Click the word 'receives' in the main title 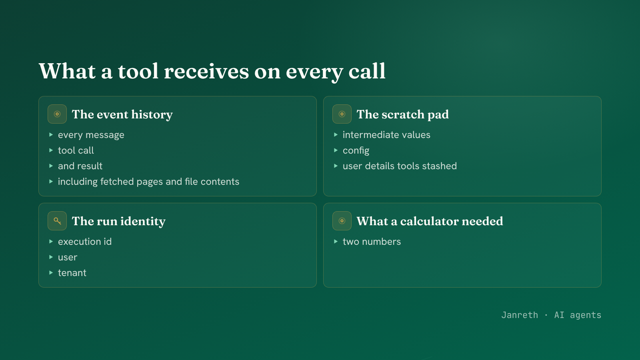206,71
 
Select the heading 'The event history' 122,114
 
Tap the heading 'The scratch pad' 402,114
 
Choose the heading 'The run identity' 118,221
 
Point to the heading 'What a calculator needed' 430,221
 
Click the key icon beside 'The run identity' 57,221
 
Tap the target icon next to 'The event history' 57,114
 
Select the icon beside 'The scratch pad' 342,114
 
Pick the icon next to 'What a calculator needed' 342,221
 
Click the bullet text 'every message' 91,135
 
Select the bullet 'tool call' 76,150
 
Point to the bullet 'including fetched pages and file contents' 148,182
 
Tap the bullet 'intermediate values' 386,134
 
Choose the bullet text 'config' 356,150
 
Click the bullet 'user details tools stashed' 400,166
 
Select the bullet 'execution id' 85,242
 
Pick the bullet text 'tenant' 72,273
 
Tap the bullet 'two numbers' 372,242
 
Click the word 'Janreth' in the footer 520,315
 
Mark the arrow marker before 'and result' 51,166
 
